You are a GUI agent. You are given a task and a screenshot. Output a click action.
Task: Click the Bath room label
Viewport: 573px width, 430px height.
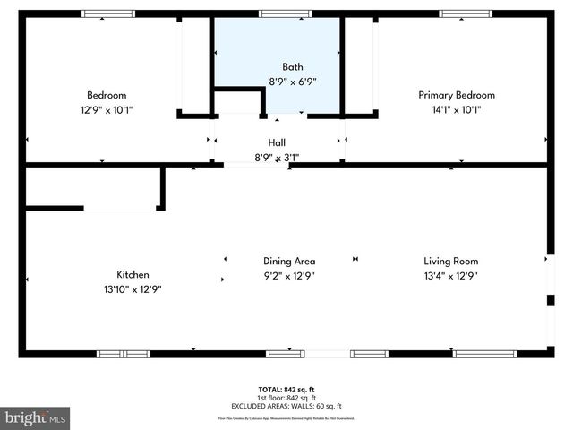click(293, 67)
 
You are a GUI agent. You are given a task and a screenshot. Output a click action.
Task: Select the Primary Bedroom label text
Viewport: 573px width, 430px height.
click(457, 95)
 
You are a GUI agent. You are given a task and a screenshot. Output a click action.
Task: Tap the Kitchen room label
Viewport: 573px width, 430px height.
click(133, 275)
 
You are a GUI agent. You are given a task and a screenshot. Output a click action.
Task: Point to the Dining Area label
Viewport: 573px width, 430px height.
click(288, 262)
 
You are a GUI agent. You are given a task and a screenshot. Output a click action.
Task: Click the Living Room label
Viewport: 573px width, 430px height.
click(450, 262)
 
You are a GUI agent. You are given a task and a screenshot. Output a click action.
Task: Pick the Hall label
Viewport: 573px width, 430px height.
click(277, 142)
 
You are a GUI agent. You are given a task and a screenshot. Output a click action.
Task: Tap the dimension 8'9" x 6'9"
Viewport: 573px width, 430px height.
click(293, 82)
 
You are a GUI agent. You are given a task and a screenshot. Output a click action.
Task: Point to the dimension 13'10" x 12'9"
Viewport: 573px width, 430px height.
click(133, 289)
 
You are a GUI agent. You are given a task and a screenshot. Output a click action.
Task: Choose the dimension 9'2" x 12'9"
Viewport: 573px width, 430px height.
click(288, 276)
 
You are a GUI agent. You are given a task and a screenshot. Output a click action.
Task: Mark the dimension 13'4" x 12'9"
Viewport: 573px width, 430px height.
click(450, 276)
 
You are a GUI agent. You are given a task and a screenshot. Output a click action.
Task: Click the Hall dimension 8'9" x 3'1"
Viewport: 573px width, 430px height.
click(277, 158)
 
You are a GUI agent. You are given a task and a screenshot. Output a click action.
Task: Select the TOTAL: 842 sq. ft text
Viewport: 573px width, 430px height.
click(286, 390)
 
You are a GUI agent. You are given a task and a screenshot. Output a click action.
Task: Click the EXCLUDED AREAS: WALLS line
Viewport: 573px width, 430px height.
click(286, 406)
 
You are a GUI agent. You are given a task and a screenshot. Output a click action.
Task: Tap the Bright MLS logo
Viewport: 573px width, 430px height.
click(36, 417)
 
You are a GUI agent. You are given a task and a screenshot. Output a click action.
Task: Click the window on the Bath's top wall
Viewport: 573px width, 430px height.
click(277, 13)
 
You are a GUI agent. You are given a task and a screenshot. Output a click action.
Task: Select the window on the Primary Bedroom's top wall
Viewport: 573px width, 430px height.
click(465, 13)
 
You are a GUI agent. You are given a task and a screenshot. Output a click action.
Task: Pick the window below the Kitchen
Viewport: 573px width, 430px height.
click(124, 354)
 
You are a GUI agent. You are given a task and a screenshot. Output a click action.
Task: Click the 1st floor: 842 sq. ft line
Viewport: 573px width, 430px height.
click(286, 398)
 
